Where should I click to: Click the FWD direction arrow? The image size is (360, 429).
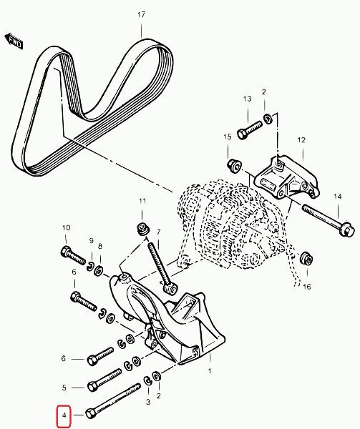click(14, 41)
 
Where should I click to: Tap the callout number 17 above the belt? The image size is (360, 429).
click(141, 14)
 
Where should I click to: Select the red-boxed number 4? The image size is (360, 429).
click(64, 415)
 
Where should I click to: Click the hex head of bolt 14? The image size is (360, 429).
click(346, 228)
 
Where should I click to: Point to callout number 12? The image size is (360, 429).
click(301, 140)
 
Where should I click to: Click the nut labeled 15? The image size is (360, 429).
click(233, 166)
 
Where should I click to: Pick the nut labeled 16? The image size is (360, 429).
click(306, 258)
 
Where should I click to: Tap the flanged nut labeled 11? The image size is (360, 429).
click(142, 229)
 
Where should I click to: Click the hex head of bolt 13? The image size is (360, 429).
click(242, 134)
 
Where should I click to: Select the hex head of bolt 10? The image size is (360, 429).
click(66, 251)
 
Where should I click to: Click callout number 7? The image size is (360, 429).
click(158, 232)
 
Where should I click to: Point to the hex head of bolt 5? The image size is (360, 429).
click(93, 386)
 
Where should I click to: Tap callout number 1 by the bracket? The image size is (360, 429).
click(210, 370)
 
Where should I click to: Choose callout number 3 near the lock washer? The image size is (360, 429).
click(148, 402)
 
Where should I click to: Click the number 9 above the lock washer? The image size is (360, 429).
click(91, 240)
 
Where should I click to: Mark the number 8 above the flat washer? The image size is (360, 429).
click(100, 246)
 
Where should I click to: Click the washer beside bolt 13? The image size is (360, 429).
click(268, 119)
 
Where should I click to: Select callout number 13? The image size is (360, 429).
click(247, 99)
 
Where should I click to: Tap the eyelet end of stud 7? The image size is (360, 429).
click(170, 290)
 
